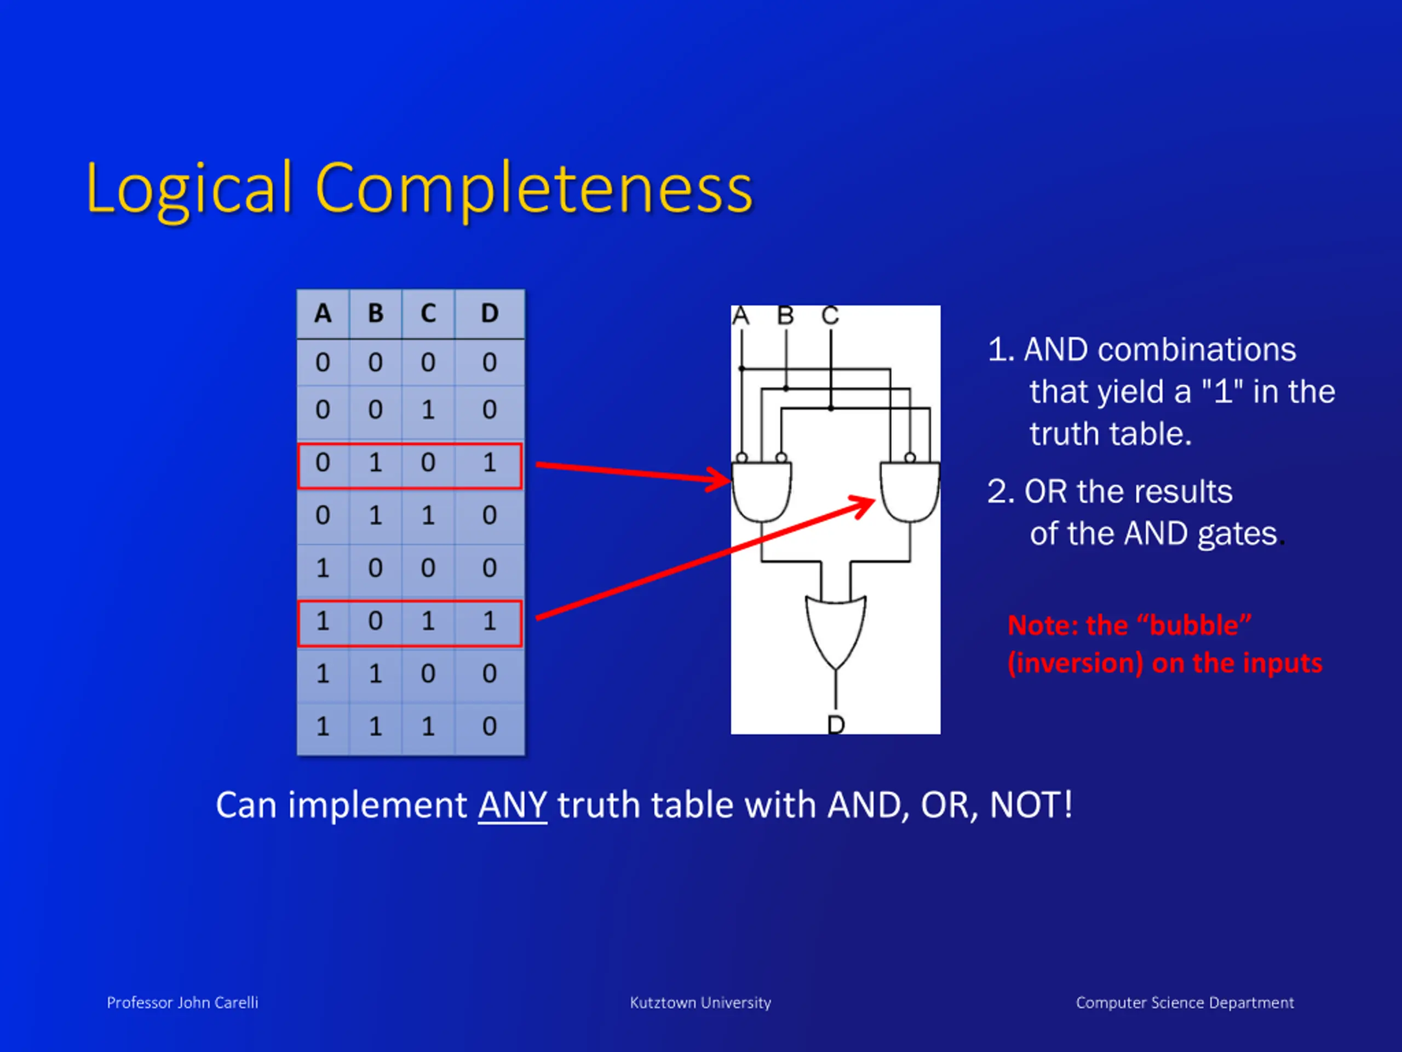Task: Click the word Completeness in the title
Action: pos(533,189)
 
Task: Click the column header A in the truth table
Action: pos(323,313)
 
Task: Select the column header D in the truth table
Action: pos(489,313)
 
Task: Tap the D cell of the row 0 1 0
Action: pos(489,463)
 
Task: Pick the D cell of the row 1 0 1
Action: pos(489,621)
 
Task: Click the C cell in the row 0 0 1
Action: pos(428,410)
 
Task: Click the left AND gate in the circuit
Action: pos(761,491)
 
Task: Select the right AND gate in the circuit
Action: pos(910,491)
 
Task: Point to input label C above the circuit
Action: pos(830,315)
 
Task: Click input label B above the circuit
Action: pos(785,315)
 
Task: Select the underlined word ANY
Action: pos(512,805)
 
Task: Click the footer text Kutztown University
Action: pos(700,1003)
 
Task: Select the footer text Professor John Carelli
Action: pos(182,1003)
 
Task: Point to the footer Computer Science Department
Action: pos(1185,1003)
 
